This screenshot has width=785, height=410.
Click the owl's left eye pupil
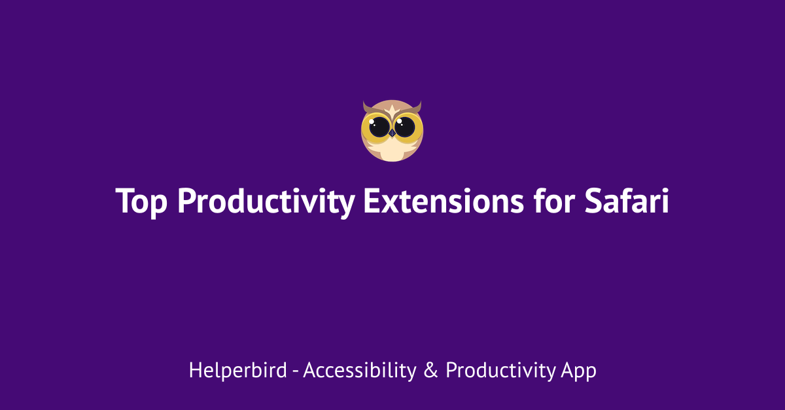coord(379,127)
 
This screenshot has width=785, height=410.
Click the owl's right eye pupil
coord(405,127)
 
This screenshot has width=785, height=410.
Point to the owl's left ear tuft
coord(366,107)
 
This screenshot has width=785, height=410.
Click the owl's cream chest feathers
coord(392,152)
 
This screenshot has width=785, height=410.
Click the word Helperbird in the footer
coord(237,371)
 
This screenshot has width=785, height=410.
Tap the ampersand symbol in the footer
coord(430,371)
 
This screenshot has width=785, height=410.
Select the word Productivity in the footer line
coord(500,371)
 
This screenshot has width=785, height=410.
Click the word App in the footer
coord(578,371)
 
